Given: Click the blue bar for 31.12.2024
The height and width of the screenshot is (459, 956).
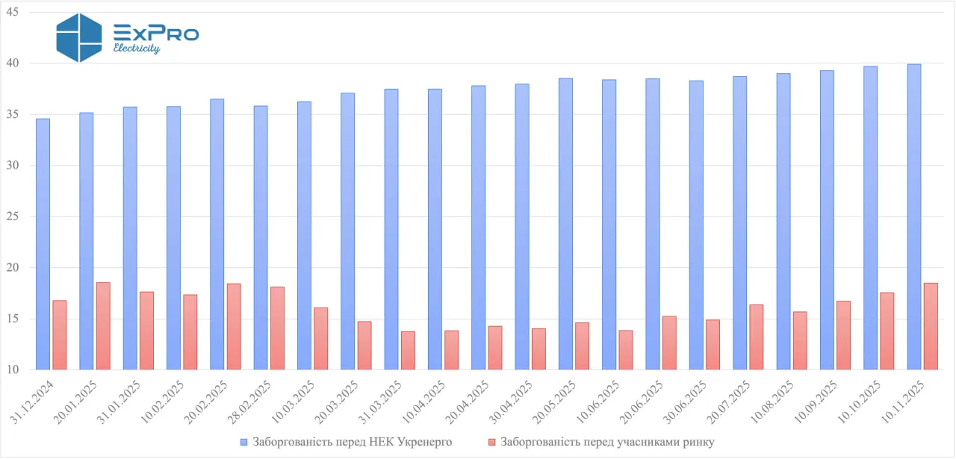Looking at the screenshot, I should pos(43,244).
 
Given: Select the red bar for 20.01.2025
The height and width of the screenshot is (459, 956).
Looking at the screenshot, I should pos(103,326).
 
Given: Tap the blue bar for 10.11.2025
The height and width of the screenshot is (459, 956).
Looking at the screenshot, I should pos(914,217).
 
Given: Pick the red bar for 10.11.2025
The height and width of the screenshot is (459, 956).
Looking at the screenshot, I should pos(931,326).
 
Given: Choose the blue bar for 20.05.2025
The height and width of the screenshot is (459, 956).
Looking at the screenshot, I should pos(565,224).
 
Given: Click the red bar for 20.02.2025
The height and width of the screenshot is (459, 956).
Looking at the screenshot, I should pos(234,327).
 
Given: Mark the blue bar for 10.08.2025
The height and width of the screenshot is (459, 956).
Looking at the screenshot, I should pos(783,222).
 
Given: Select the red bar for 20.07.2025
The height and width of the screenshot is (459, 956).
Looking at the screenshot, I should pos(756,337).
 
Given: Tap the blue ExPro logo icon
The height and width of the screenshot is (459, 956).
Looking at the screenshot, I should pos(79,37).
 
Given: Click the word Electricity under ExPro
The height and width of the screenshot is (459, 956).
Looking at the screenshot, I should pos(137,49).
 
